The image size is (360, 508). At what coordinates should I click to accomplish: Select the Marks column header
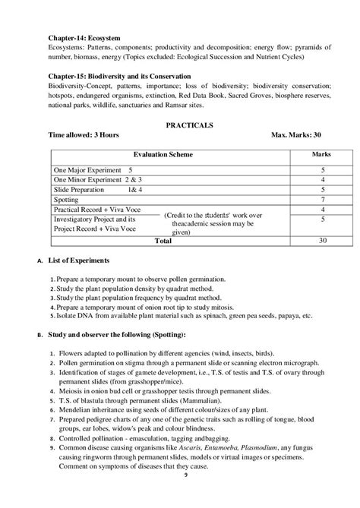point(322,153)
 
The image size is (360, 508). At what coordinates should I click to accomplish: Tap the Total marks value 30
point(323,241)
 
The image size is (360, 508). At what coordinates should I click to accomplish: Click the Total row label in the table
point(163,241)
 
